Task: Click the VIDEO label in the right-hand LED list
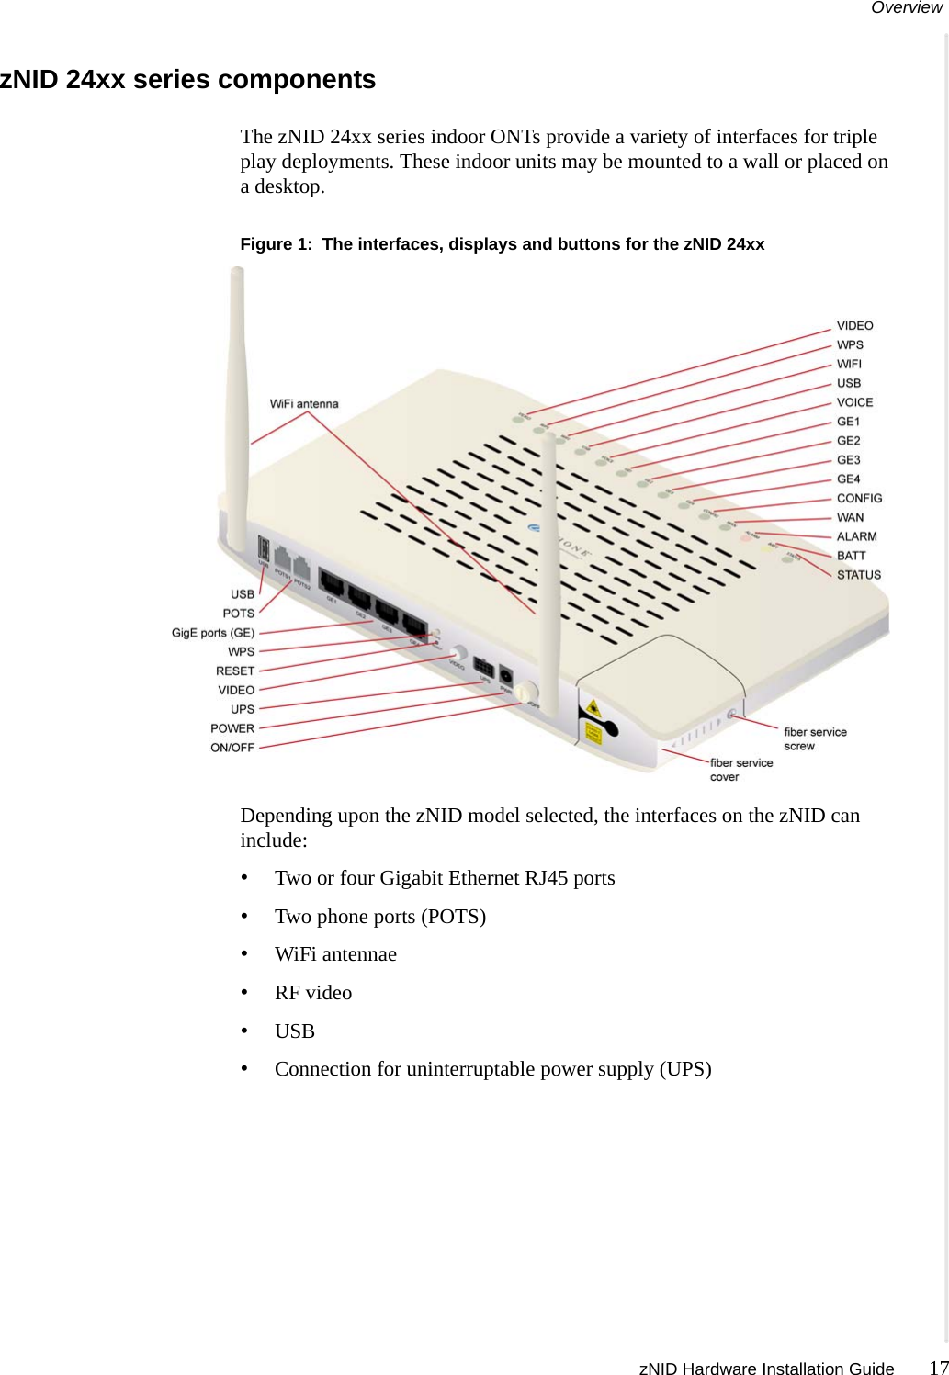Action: coord(854,326)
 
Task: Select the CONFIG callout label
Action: coord(859,499)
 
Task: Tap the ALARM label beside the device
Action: coord(856,536)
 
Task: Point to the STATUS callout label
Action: coord(858,575)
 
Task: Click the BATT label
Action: coord(851,556)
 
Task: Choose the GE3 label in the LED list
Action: coord(848,460)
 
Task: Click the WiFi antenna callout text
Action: coord(304,404)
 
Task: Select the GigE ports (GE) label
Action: coord(213,633)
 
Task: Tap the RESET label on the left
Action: coord(235,671)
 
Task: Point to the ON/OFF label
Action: coord(232,748)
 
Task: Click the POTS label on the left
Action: coord(239,614)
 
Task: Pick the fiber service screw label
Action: coord(815,738)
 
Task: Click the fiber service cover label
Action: coord(740,770)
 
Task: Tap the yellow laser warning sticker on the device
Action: coord(593,708)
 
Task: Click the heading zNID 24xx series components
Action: coord(188,80)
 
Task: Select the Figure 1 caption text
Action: coord(502,244)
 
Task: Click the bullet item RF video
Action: coord(313,993)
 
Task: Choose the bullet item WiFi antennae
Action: coord(335,954)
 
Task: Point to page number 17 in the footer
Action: coord(938,1368)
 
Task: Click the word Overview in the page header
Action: coord(906,8)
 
